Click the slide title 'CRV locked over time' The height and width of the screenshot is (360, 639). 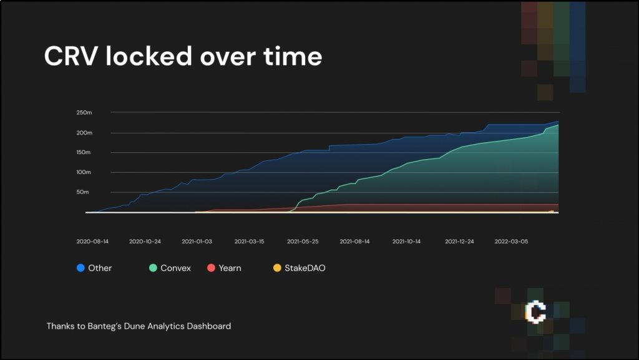(183, 57)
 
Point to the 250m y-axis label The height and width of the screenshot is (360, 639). (84, 112)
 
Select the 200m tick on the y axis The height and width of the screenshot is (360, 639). (84, 132)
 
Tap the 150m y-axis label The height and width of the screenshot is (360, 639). (84, 152)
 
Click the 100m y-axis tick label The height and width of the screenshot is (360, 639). (84, 172)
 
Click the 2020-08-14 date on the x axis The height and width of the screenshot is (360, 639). (92, 241)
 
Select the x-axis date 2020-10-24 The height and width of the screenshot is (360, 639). (145, 241)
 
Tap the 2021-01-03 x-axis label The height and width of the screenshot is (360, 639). (197, 241)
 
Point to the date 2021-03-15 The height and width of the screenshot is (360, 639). (249, 241)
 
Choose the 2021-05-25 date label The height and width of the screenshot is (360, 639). (302, 241)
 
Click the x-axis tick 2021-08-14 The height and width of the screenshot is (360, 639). (354, 241)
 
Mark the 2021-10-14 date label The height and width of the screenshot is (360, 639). (407, 241)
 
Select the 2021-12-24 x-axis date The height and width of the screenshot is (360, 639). (461, 241)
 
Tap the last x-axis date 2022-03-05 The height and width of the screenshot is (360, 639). (510, 241)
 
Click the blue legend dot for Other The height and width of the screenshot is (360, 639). (80, 268)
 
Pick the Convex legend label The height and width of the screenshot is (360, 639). (175, 268)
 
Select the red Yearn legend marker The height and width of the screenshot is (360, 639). (211, 268)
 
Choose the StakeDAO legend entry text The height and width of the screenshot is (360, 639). (305, 268)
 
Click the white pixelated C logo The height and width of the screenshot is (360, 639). (535, 311)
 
